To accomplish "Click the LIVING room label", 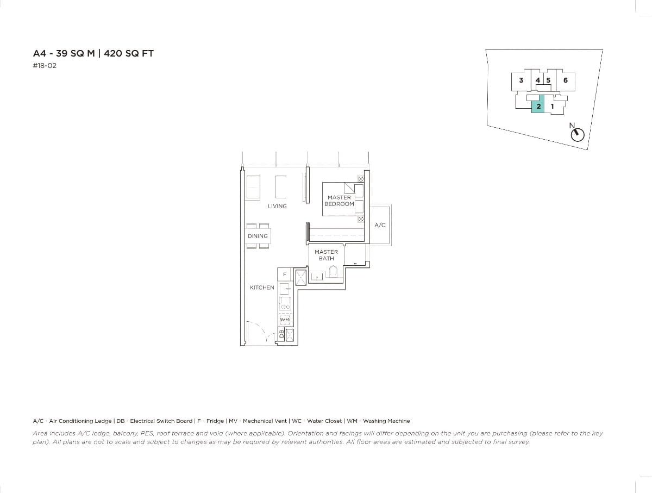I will pos(277,206).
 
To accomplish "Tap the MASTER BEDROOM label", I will pos(339,201).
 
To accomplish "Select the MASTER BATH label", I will pos(326,255).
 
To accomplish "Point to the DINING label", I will pos(258,236).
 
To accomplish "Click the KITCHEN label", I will pos(262,288).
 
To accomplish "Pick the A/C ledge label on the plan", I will pos(380,225).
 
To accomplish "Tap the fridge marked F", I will pos(284,274).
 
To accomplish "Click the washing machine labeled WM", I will pos(285,320).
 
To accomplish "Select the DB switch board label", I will pos(281,334).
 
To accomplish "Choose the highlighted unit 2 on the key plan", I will pos(538,106).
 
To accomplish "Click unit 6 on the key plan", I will pos(566,80).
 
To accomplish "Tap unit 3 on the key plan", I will pos(521,80).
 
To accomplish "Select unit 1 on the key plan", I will pos(552,106).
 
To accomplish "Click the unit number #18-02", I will pos(45,66).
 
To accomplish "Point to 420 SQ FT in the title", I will pos(133,53).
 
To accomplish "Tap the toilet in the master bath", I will pos(334,272).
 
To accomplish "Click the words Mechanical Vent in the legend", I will pos(264,421).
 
